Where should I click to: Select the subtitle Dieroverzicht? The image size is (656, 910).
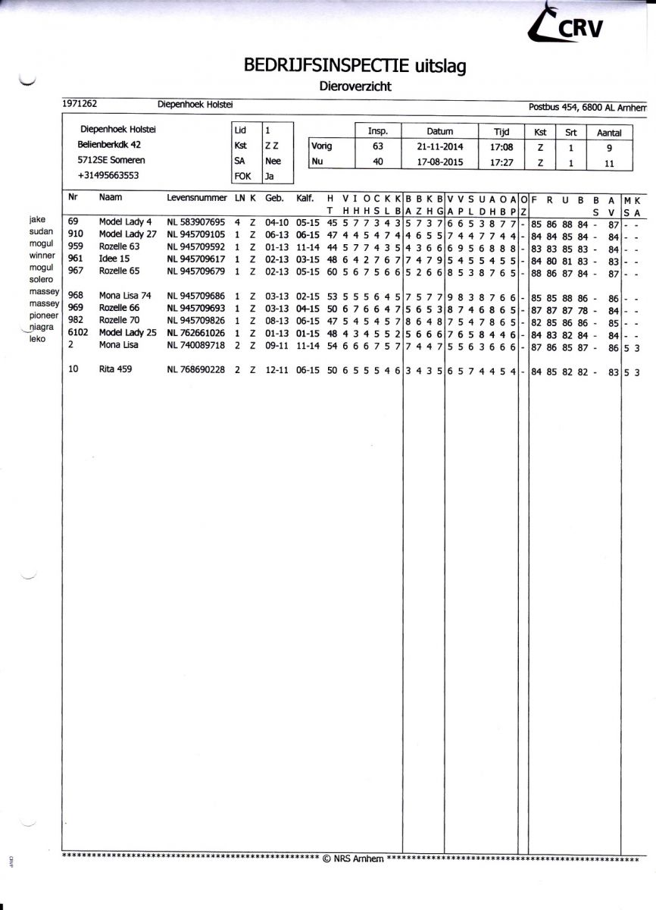tap(355, 86)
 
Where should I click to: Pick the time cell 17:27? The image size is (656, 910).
tap(497, 162)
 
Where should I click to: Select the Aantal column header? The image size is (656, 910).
tap(609, 132)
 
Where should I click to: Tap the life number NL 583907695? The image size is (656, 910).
tap(195, 222)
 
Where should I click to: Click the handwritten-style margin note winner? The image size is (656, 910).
tap(42, 256)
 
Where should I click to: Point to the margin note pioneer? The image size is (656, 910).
tap(44, 315)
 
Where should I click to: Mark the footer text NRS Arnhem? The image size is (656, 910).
tap(353, 858)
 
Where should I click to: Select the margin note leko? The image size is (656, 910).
tap(37, 338)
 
